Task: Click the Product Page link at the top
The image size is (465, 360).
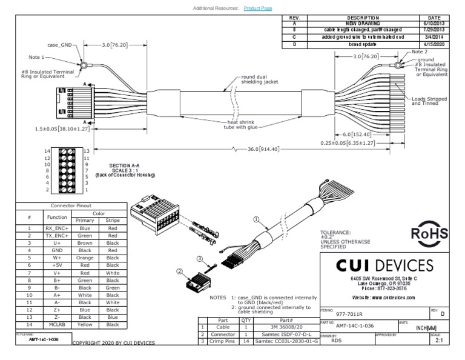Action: [x=258, y=8]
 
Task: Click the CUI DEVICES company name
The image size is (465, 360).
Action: [x=384, y=265]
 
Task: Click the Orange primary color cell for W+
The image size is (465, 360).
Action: [x=85, y=258]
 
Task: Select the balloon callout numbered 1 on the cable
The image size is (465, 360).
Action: [x=256, y=219]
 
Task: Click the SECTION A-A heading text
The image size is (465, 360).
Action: [x=124, y=164]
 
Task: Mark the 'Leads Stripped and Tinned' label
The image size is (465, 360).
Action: [x=429, y=101]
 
